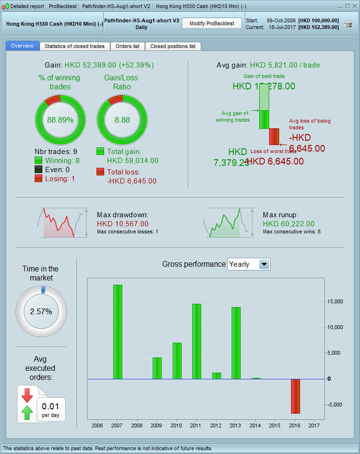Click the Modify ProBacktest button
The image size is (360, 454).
tap(212, 23)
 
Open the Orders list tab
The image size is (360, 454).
tap(127, 46)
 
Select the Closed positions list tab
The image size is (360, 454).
tap(173, 46)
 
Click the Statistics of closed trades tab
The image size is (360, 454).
tap(75, 46)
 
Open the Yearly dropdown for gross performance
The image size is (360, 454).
tap(264, 264)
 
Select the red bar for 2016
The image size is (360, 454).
tap(296, 396)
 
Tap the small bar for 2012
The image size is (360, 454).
tap(216, 376)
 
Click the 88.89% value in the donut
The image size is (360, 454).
tap(60, 120)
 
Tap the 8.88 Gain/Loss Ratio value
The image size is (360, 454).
tap(122, 120)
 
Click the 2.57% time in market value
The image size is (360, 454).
tap(41, 312)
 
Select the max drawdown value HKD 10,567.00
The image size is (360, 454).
tap(123, 223)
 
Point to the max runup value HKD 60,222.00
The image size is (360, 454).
tap(289, 223)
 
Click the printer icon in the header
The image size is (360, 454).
tap(348, 24)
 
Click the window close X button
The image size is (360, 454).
tap(353, 6)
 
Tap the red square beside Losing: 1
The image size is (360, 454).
tap(39, 178)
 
